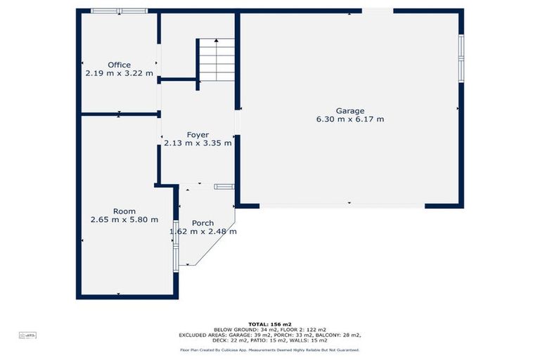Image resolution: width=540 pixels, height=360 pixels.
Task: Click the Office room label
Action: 119,65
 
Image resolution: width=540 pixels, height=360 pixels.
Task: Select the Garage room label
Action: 349,110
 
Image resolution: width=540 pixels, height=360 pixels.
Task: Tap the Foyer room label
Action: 198,134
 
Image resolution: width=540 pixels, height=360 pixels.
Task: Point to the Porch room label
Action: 202,223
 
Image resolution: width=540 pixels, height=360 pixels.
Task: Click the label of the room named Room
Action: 124,211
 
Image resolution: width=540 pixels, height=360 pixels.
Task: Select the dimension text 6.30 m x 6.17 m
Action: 349,120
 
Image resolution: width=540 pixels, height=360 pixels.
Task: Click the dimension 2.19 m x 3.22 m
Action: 119,73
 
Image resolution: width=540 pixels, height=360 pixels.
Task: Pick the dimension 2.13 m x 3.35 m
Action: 198,143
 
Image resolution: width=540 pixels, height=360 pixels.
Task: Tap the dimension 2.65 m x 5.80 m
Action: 124,220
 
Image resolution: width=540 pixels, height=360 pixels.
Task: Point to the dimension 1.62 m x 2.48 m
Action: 202,231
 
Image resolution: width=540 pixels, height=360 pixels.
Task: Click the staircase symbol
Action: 215,61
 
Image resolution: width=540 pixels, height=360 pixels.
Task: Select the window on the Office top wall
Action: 119,11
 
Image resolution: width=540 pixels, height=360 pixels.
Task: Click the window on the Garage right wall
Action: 461,58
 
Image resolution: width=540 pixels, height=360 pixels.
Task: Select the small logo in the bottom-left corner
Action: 28,336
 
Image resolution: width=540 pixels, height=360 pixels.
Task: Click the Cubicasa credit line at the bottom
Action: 269,349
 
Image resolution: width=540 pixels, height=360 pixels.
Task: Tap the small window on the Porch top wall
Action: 224,186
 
